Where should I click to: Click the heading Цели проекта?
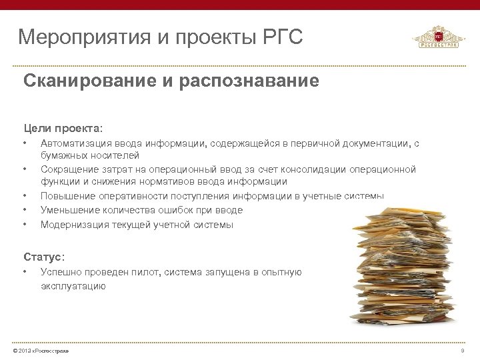click(x=63, y=127)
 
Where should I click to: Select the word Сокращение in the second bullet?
click(x=69, y=169)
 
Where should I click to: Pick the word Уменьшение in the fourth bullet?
click(x=70, y=210)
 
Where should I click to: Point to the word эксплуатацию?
click(x=73, y=286)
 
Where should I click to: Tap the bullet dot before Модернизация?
click(x=25, y=225)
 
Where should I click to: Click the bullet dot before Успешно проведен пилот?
click(x=25, y=272)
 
